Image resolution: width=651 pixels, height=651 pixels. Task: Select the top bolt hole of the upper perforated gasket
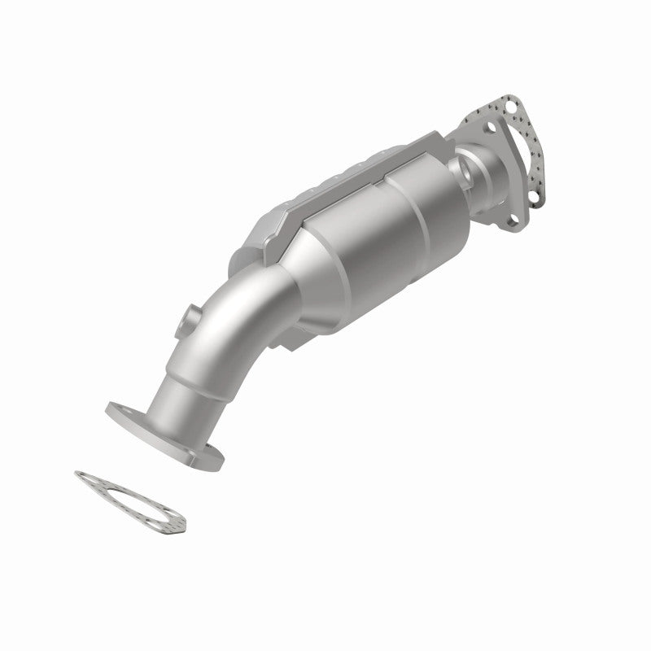pos(511,105)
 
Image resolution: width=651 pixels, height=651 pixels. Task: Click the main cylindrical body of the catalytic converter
pos(374,244)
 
